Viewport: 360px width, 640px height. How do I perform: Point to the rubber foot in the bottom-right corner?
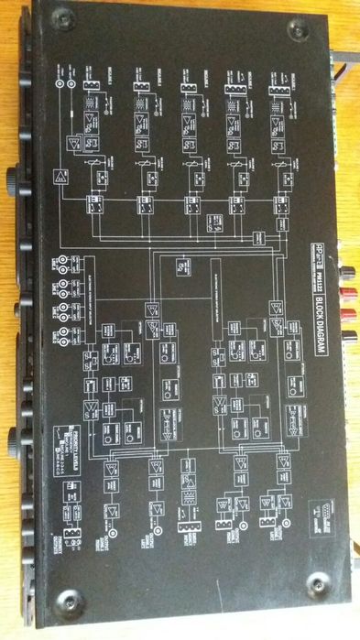click(x=317, y=583)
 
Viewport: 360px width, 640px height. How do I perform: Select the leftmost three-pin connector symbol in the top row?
click(x=91, y=87)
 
